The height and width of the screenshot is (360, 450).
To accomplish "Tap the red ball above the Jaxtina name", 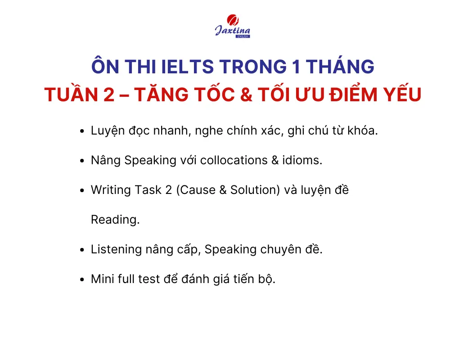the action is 233,20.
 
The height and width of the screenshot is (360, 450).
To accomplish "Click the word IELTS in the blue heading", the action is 187,67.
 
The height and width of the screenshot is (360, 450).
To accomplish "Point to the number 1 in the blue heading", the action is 297,67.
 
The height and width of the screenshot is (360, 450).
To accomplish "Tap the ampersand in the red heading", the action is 246,94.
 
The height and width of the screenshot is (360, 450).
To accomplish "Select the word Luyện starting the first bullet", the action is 108,131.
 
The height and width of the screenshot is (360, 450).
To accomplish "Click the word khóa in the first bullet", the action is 363,130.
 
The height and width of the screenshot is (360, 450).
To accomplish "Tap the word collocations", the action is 234,160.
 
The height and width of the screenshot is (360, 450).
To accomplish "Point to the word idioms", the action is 302,160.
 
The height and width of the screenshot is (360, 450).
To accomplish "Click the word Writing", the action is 111,190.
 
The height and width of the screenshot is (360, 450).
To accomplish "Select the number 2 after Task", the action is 168,190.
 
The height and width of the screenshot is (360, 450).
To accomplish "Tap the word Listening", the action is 116,250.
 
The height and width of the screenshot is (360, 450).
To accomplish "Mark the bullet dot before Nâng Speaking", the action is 82,161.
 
